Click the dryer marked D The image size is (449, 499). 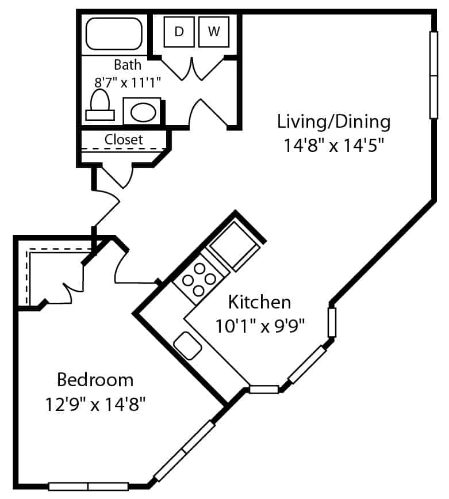[x=179, y=32]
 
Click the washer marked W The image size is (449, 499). [x=214, y=32]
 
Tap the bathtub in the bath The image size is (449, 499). [x=114, y=34]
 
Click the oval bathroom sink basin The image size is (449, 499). [x=143, y=112]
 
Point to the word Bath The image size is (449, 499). [x=128, y=65]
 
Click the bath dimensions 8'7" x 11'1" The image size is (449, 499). [x=128, y=83]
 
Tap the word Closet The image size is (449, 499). [x=124, y=139]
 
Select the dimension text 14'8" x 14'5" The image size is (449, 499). [x=334, y=146]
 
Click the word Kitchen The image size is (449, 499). [x=259, y=302]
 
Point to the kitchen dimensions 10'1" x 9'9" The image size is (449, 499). [x=260, y=326]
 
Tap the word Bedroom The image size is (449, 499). [x=95, y=380]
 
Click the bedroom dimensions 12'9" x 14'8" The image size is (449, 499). [x=95, y=404]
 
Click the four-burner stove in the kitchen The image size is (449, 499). [x=199, y=279]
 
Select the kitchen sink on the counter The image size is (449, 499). [x=187, y=345]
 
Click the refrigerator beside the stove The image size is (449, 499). [x=234, y=245]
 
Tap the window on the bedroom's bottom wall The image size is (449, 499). [x=88, y=486]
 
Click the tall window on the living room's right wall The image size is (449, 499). [x=433, y=75]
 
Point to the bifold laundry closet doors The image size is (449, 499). [x=192, y=68]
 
